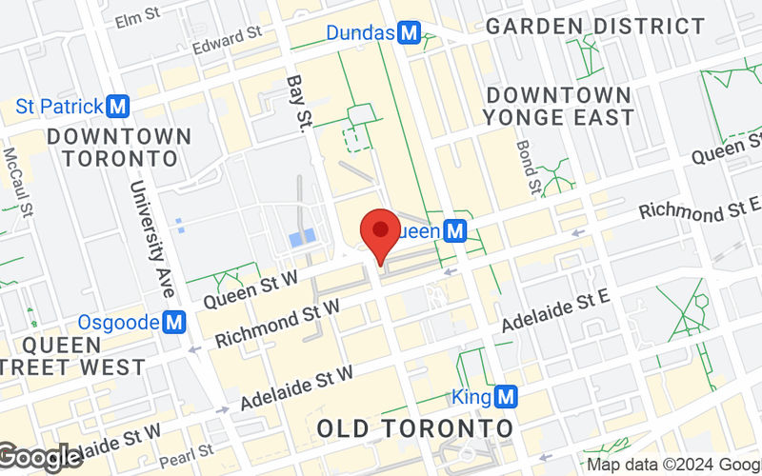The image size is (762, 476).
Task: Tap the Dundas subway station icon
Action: click(410, 33)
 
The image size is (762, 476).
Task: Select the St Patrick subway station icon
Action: click(119, 105)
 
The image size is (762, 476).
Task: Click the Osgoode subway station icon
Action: click(173, 323)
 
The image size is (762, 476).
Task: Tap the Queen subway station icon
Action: click(456, 230)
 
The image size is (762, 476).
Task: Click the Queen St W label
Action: click(251, 288)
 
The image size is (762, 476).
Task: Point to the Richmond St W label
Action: click(278, 324)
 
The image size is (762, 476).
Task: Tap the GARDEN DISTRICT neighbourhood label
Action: click(595, 26)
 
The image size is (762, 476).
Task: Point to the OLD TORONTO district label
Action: click(414, 427)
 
